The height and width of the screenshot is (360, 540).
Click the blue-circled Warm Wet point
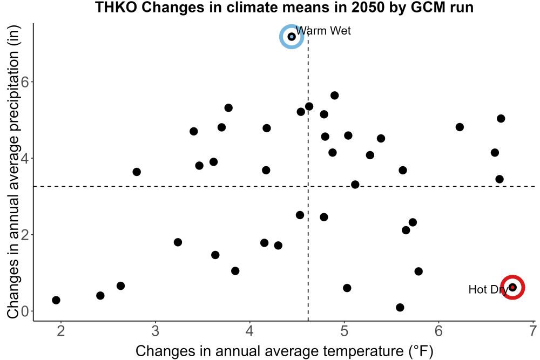(292, 37)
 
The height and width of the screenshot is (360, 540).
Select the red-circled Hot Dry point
(512, 287)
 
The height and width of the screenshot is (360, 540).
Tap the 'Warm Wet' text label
(323, 31)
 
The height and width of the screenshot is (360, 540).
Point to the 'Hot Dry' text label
(488, 290)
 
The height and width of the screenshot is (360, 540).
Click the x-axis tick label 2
(61, 331)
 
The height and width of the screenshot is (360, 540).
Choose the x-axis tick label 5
(344, 331)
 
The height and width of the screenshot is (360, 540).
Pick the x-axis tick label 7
(533, 331)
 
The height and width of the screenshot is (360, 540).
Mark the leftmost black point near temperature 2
(56, 300)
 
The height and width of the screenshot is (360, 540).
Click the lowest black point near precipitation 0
(400, 307)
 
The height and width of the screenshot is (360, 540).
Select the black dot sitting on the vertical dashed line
(309, 106)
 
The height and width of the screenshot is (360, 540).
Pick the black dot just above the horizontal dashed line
(355, 185)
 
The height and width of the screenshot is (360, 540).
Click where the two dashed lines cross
(308, 186)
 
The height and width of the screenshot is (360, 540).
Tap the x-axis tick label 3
(156, 331)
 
